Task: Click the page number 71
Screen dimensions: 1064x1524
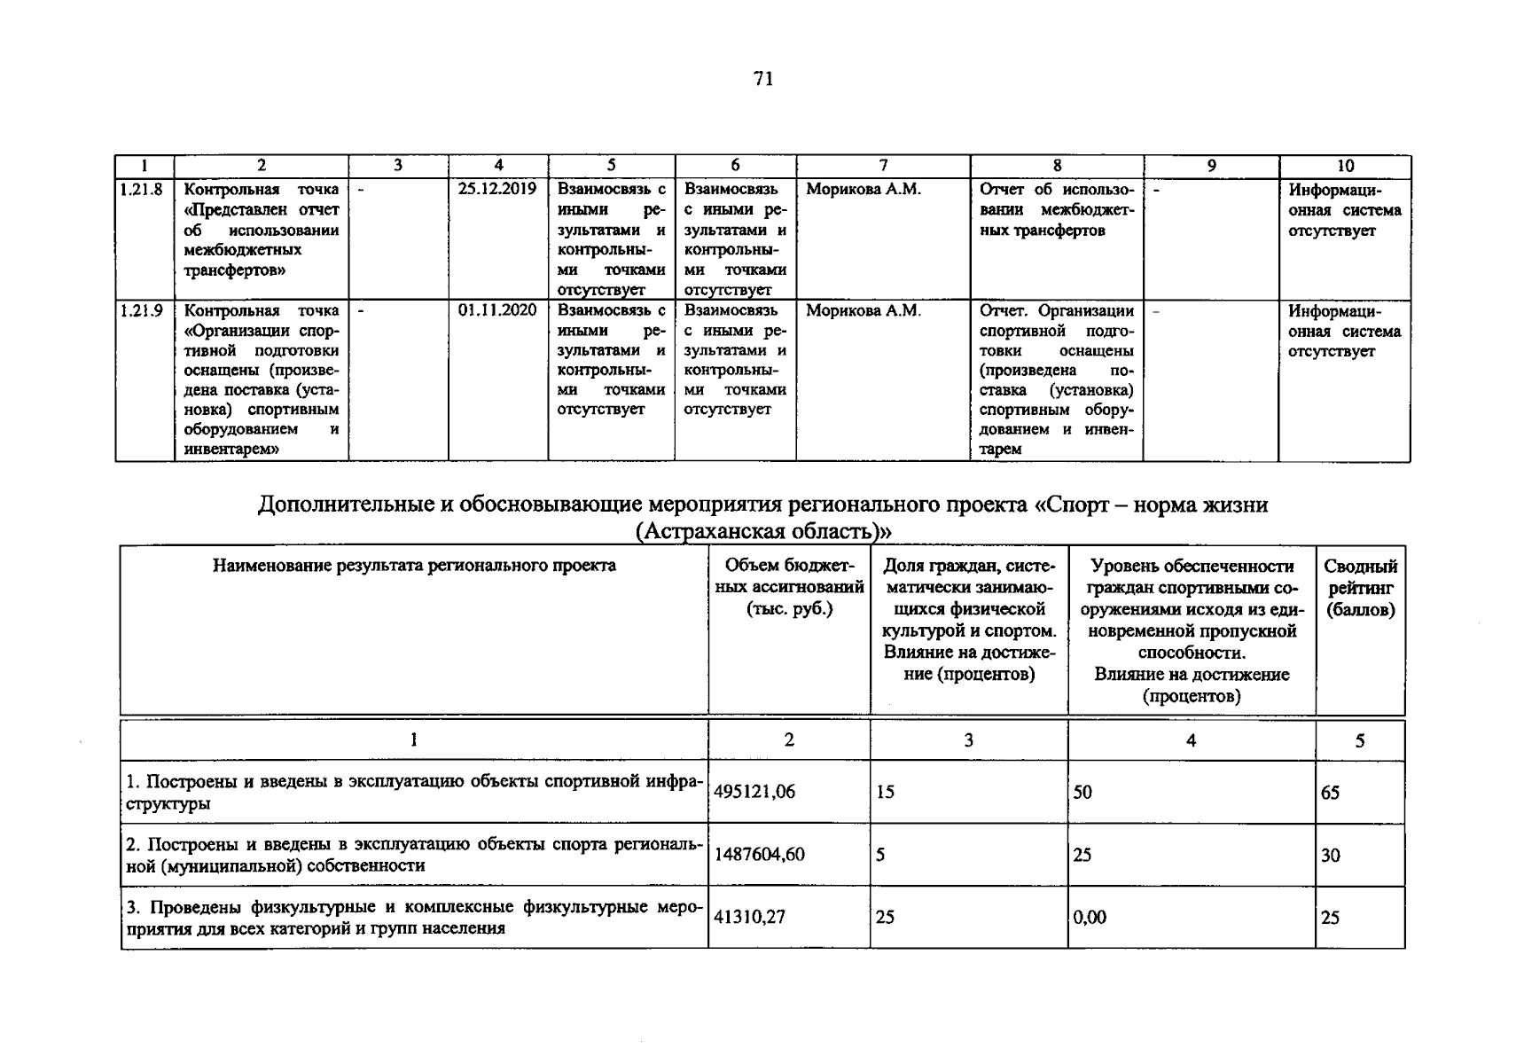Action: pos(763,79)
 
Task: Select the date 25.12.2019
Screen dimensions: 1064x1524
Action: pos(497,189)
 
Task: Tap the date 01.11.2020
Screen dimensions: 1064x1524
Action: pos(497,310)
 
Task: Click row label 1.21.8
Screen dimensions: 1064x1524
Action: pos(142,189)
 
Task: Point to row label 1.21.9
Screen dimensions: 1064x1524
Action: pos(142,310)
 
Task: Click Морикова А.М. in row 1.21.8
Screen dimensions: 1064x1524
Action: pos(863,190)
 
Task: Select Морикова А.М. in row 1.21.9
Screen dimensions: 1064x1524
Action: pos(863,311)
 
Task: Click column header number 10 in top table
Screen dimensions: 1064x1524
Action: pos(1345,166)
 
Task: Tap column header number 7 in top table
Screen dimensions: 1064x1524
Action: pos(883,166)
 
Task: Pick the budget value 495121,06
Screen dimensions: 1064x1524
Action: pos(754,793)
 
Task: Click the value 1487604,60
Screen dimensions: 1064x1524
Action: pos(759,855)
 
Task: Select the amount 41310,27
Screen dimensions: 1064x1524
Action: pos(749,918)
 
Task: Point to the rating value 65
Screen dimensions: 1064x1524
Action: pos(1330,793)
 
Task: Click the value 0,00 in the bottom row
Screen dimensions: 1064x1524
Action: pos(1090,918)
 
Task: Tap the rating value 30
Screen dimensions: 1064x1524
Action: pos(1330,856)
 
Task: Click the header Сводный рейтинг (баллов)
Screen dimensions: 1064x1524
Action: pos(1360,588)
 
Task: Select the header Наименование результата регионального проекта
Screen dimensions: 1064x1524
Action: pos(414,566)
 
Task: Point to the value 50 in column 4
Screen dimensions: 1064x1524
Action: pos(1082,793)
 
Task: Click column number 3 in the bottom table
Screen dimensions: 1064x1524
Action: pos(968,740)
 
